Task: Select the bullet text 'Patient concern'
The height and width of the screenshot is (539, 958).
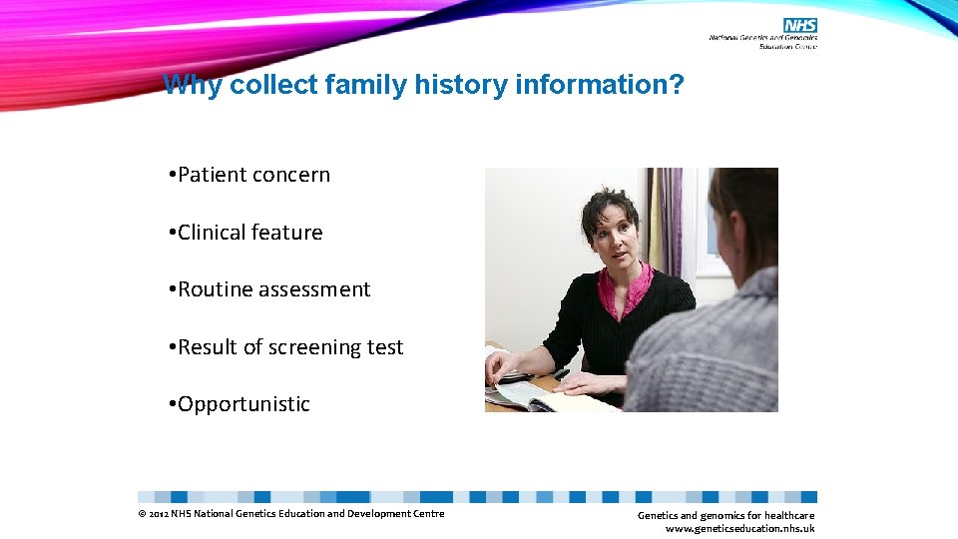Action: (x=253, y=175)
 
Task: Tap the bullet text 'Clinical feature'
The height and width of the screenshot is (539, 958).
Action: (x=249, y=233)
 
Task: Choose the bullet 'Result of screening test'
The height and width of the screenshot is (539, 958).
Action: (x=290, y=347)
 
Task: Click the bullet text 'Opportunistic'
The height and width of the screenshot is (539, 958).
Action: (x=243, y=404)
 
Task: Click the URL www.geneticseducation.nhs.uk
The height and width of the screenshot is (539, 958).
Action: (x=739, y=529)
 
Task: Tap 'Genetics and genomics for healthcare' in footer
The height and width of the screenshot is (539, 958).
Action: (x=725, y=515)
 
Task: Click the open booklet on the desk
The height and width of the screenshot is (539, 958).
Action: (x=544, y=397)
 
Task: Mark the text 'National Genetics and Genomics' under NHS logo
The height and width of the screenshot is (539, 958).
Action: (x=762, y=38)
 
